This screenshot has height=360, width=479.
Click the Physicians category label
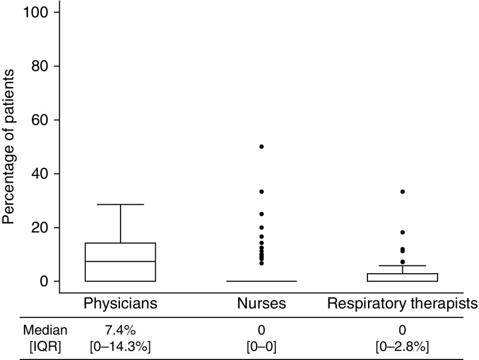pos(120,304)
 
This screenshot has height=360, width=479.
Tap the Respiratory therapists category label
pos(402,304)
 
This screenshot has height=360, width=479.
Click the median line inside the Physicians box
pos(120,261)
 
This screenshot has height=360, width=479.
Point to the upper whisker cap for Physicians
pos(120,204)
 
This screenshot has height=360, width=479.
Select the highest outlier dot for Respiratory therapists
pos(402,192)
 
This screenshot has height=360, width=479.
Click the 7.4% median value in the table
pos(120,330)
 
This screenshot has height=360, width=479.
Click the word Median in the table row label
pos(45,330)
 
